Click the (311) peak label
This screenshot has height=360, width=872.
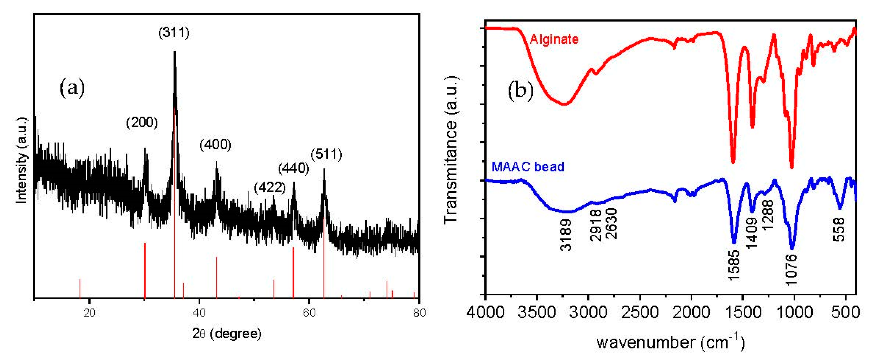click(x=174, y=33)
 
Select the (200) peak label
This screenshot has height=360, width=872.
click(x=142, y=123)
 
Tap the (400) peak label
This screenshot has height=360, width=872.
click(x=215, y=145)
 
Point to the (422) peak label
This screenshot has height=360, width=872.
click(x=270, y=187)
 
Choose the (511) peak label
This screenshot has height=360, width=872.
click(x=326, y=155)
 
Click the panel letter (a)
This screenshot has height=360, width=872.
click(x=72, y=89)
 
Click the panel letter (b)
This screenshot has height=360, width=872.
click(x=520, y=91)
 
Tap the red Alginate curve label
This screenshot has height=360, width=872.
click(x=554, y=39)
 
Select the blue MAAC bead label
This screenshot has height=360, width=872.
click(x=528, y=167)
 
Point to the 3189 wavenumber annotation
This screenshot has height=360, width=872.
click(x=566, y=235)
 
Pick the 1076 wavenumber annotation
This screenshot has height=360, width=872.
click(x=791, y=269)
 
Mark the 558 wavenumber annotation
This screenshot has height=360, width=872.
click(x=839, y=229)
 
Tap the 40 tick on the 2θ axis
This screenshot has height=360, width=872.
click(x=199, y=312)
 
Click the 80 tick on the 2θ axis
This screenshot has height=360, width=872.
click(x=419, y=312)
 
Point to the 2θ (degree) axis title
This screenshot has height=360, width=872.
click(x=227, y=333)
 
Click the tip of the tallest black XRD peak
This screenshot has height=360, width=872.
click(x=174, y=52)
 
